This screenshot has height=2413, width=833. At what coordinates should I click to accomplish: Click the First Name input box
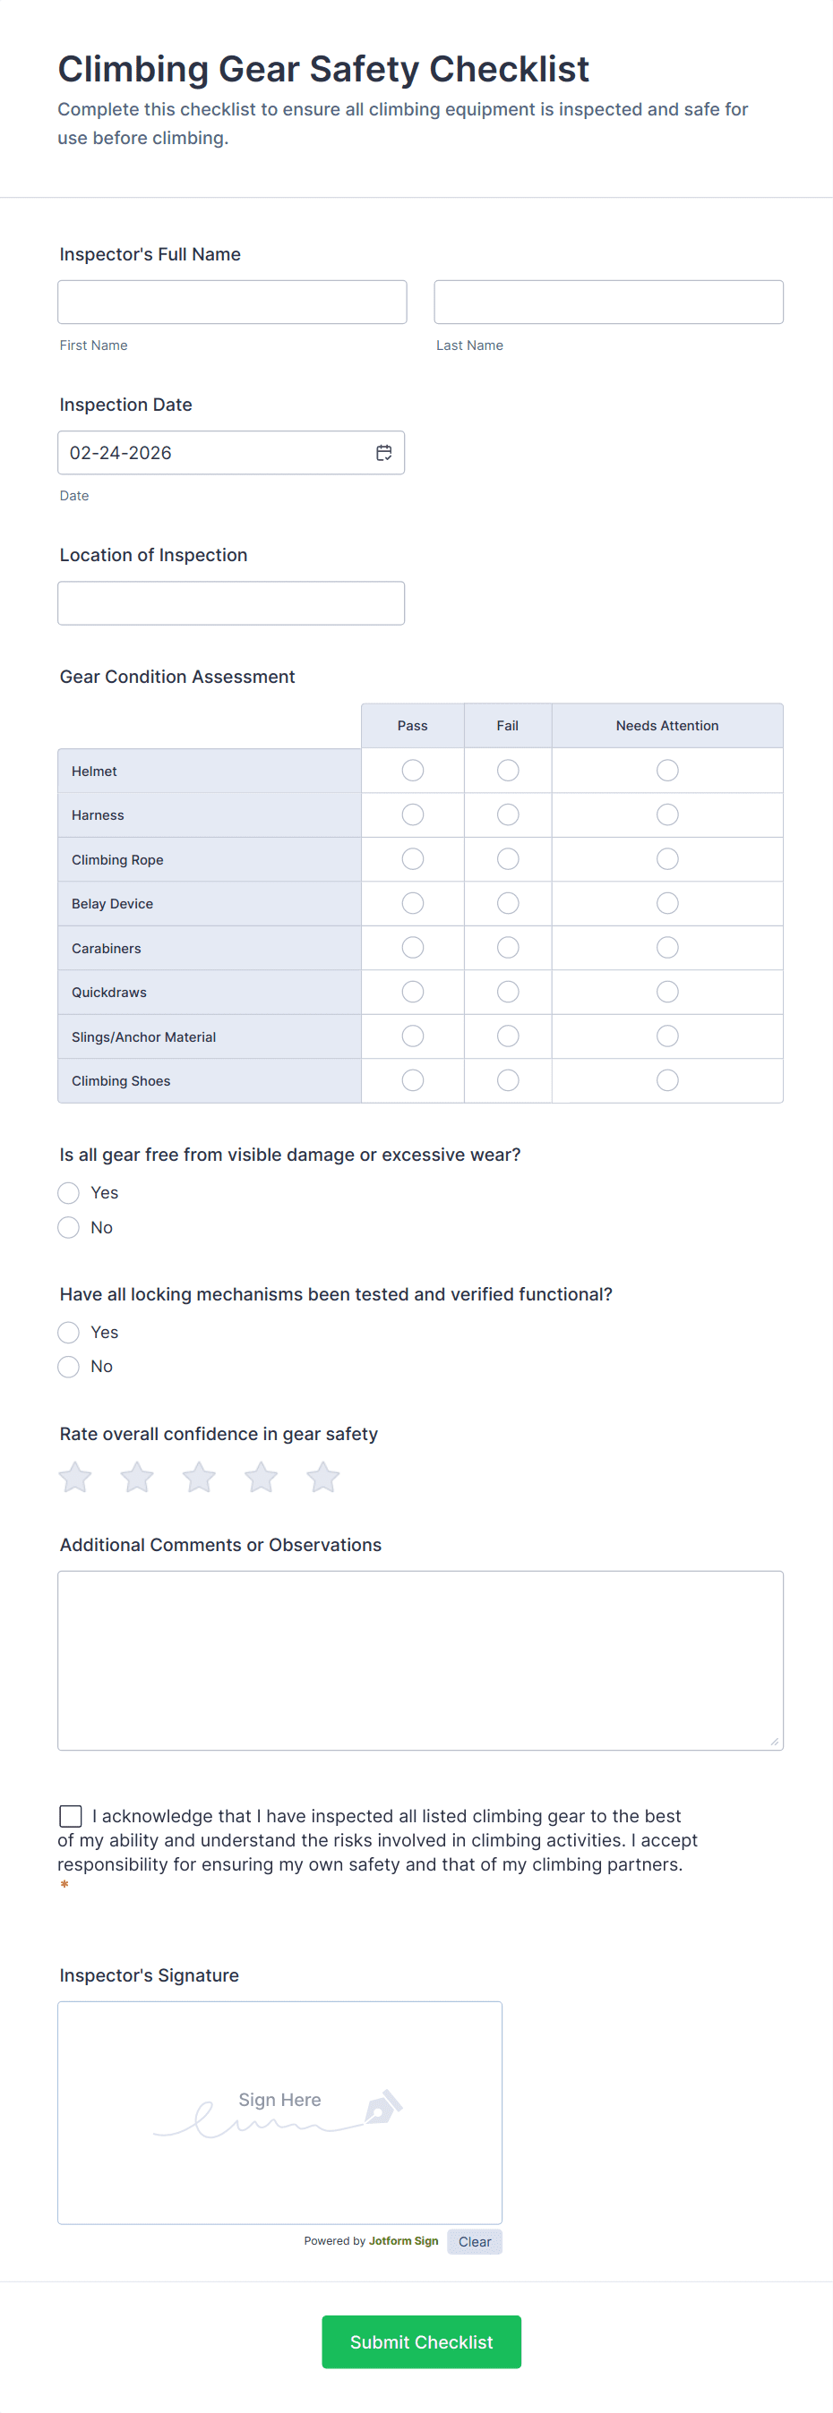(231, 302)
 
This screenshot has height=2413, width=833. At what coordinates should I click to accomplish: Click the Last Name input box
(608, 302)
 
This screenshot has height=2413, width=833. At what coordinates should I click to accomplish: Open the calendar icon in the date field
(383, 453)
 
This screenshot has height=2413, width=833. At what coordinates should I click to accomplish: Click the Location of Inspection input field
(230, 603)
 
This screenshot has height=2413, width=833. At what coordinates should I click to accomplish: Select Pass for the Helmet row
(412, 770)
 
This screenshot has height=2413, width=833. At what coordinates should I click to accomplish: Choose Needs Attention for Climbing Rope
(667, 859)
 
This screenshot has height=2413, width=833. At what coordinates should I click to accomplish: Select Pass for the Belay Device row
(412, 903)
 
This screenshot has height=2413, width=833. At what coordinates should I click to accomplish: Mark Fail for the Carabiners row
(508, 948)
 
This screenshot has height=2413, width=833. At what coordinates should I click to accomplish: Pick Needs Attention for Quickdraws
(667, 992)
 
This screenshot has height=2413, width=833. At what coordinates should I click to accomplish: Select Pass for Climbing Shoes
(412, 1080)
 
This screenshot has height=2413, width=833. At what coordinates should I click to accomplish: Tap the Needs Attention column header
(667, 726)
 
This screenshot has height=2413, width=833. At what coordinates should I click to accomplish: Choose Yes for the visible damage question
(68, 1192)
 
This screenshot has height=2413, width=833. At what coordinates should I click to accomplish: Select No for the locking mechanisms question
(68, 1367)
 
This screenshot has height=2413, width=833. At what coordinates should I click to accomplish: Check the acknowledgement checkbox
(70, 1816)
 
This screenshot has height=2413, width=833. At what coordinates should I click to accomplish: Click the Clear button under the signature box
(474, 2241)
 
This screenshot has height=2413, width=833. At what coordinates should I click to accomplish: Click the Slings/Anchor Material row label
(143, 1037)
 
